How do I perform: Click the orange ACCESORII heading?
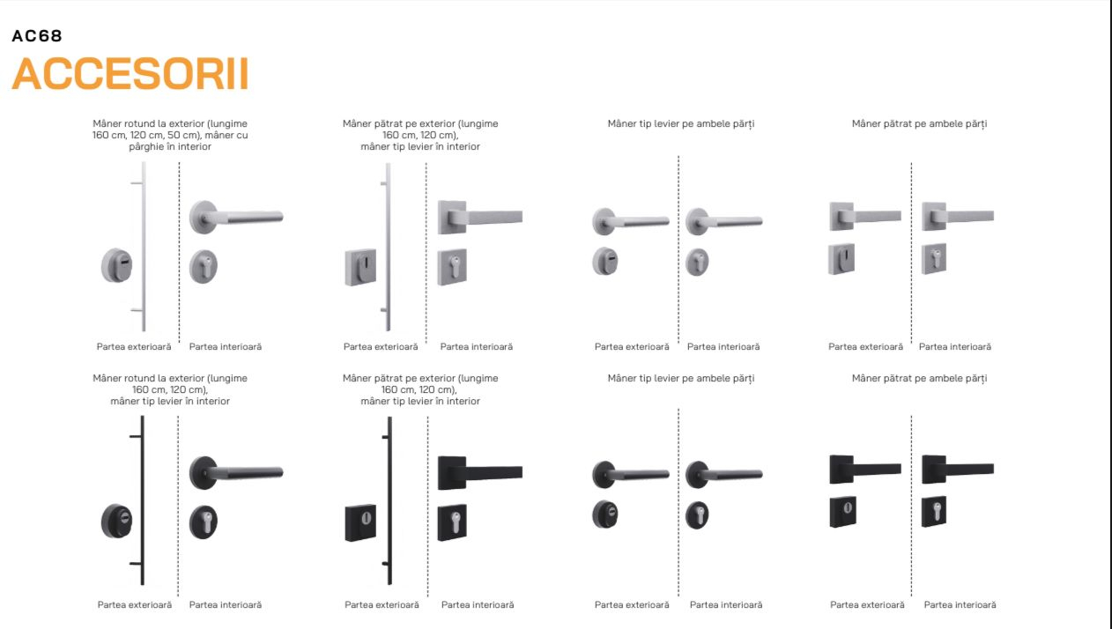coord(130,73)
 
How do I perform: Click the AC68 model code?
coord(37,36)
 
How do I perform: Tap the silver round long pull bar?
coord(144,247)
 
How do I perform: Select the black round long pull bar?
coord(143,500)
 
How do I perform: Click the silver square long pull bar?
coord(389,247)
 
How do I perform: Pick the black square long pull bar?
coord(389,500)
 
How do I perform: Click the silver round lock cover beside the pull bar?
coord(117,265)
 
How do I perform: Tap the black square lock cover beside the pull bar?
coord(361,522)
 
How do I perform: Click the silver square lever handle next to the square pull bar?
coord(479,217)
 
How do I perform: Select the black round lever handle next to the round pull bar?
coord(236,472)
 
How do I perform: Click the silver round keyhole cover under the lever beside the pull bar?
coord(204,267)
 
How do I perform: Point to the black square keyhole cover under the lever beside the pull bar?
coord(452,522)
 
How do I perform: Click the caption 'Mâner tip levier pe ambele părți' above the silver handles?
coord(680,123)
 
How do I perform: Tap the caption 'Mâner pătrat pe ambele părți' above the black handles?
coord(919,378)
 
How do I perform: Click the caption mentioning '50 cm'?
coord(170,135)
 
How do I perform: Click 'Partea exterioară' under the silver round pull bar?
coord(134,346)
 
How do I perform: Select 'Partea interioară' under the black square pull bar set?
coord(478,604)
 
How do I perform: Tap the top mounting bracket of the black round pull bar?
coord(136,436)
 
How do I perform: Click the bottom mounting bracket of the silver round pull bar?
coord(137,310)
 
